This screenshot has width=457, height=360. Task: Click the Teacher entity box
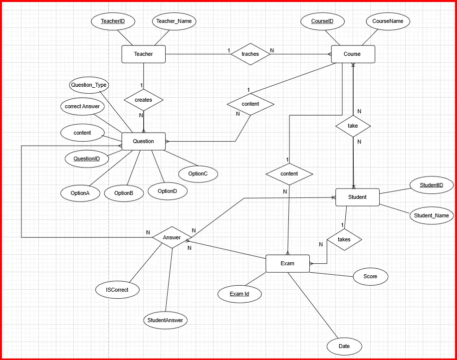click(143, 54)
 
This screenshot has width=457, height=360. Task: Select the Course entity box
click(352, 54)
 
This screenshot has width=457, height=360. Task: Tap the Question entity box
click(143, 141)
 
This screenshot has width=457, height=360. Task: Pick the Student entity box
click(357, 197)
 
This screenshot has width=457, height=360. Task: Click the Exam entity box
click(287, 263)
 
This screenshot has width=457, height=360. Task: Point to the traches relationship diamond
click(250, 54)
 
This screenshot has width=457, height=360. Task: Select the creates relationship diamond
click(143, 100)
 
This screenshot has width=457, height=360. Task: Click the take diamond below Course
click(353, 126)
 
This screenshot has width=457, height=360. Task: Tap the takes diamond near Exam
click(344, 239)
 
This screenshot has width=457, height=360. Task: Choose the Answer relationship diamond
click(172, 238)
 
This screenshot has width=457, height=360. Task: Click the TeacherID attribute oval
click(112, 21)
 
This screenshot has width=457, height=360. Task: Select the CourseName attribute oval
click(388, 21)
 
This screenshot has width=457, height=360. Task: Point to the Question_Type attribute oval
click(89, 85)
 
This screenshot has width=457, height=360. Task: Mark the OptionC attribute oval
click(198, 174)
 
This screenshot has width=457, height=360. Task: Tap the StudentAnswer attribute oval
click(165, 320)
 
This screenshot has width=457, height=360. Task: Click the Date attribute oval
click(344, 346)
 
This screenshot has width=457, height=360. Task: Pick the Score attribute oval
click(370, 276)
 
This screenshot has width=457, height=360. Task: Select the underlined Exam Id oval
click(239, 294)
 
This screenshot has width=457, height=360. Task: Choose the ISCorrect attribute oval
click(117, 289)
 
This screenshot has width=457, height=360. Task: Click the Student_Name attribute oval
click(432, 216)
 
